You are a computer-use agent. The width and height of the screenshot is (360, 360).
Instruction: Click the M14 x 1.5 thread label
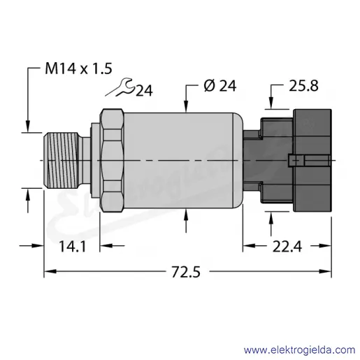tap(78, 69)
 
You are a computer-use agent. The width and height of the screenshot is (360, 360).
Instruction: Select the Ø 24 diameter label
tap(220, 85)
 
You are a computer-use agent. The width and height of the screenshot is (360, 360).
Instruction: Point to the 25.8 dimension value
tap(303, 85)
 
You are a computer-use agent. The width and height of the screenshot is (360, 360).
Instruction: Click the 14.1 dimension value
tap(73, 247)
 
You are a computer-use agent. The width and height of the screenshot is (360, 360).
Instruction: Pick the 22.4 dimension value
tap(287, 247)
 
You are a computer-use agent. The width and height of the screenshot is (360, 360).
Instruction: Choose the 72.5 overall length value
tap(186, 272)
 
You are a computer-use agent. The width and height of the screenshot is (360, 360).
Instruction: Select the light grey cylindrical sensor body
tap(183, 160)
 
